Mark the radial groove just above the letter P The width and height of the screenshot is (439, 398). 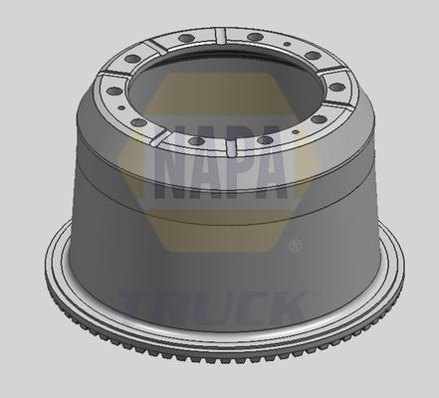coord(232,150)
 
